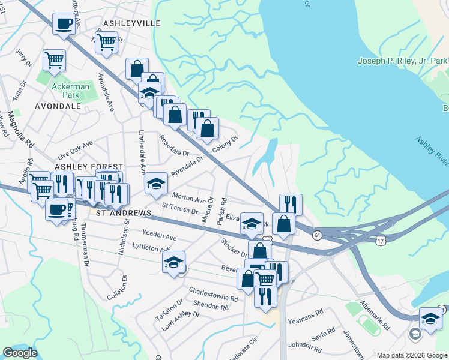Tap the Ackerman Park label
click(x=70, y=91)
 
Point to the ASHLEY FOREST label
click(x=89, y=166)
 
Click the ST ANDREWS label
click(x=123, y=213)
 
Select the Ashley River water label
click(x=431, y=153)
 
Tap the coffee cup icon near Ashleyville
click(x=64, y=24)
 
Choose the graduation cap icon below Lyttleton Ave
click(x=173, y=262)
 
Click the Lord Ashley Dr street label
click(x=180, y=322)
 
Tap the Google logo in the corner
click(x=20, y=353)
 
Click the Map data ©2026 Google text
click(x=411, y=355)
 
